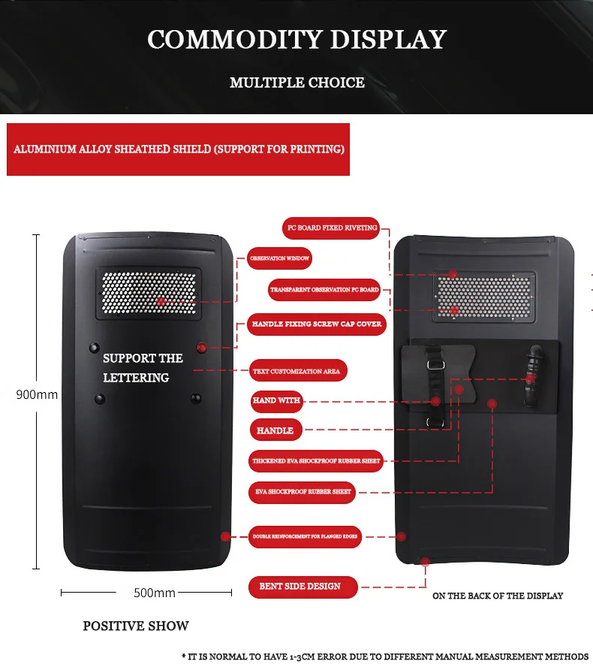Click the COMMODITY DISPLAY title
pos(296,39)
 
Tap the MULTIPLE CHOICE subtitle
pos(296,83)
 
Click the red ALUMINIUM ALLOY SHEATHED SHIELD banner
pos(179,149)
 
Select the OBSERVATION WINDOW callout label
pos(279,258)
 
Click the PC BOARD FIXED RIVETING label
pos(330,228)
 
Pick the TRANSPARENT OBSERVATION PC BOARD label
pos(324,289)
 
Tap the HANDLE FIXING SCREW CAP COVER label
pos(317,324)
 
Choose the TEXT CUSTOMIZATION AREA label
pos(297,371)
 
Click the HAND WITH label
pos(276,400)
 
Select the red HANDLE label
pos(275,430)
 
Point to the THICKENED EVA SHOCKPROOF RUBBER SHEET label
pos(316,460)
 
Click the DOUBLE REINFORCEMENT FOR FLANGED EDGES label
pos(306,536)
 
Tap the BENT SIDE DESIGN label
pos(300,586)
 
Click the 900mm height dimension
pos(37,394)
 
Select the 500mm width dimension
pos(155,593)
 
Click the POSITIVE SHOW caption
pos(136,626)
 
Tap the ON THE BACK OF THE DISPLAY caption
pos(498,596)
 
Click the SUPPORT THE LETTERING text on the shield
pos(142,368)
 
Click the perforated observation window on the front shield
pos(149,293)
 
